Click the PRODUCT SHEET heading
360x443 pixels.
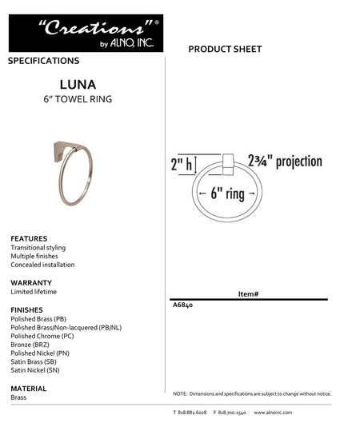click(225, 50)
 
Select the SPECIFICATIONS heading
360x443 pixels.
click(43, 61)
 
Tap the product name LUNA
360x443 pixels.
click(78, 83)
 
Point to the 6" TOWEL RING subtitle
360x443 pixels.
click(78, 99)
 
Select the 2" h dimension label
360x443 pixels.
click(182, 165)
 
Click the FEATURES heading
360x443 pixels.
click(29, 238)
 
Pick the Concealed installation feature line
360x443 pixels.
click(42, 265)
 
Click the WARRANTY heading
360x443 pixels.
click(31, 282)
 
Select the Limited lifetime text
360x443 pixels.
click(34, 292)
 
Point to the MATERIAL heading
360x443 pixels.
click(29, 388)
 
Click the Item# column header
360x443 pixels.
click(248, 294)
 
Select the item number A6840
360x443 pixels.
click(182, 305)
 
